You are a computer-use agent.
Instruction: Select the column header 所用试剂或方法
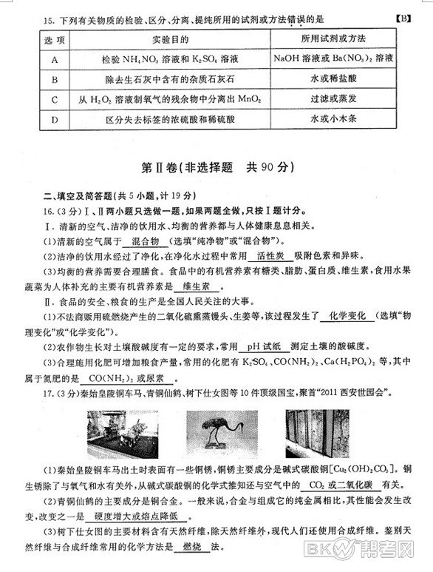[340, 37]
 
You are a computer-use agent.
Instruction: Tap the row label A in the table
[44, 58]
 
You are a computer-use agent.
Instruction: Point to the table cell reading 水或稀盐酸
[340, 78]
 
